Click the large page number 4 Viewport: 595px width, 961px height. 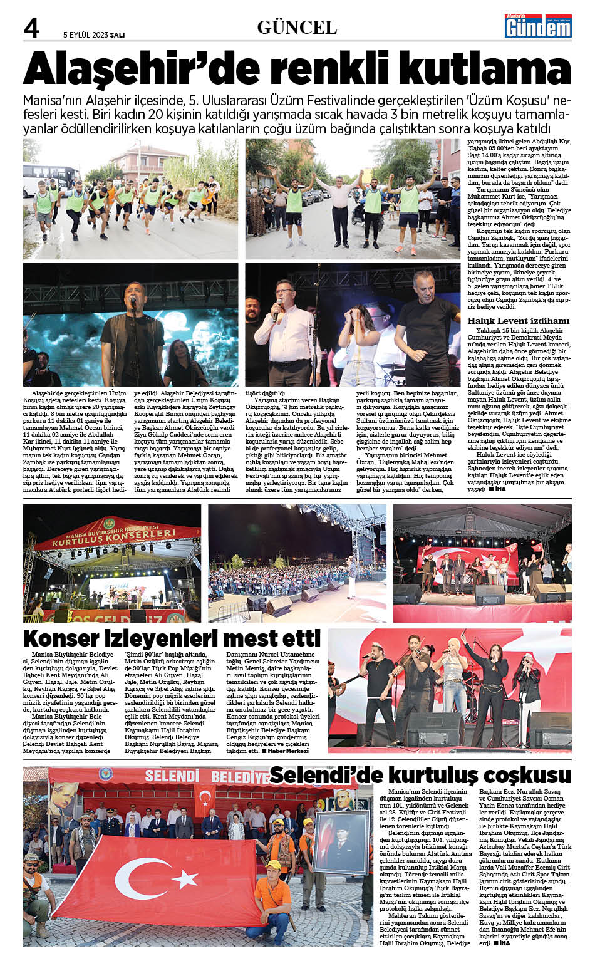coord(32,28)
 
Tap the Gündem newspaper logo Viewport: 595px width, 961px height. coord(539,26)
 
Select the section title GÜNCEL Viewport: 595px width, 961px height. coord(297,28)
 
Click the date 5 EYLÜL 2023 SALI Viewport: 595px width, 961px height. coord(94,35)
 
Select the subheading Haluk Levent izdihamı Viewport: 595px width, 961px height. coord(519,321)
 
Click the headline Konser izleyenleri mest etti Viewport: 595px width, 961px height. coord(172,638)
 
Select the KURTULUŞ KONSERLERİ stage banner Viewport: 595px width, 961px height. coord(113,536)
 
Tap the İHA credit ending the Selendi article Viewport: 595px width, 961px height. coord(500,943)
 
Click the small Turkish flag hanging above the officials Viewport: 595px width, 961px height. coord(205,798)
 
